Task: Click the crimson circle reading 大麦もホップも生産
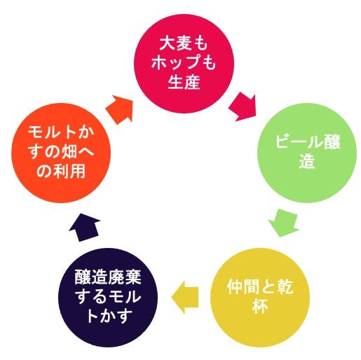[x=184, y=64]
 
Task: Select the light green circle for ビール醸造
[x=307, y=153]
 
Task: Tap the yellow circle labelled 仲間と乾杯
[x=260, y=297]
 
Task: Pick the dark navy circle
[x=108, y=297]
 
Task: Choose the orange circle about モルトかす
[x=61, y=153]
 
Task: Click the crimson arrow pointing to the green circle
[x=243, y=106]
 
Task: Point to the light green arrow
[x=284, y=223]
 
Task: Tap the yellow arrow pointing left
[x=185, y=297]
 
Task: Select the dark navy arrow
[x=85, y=227]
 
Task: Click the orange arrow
[x=120, y=109]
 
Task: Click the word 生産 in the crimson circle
[x=184, y=82]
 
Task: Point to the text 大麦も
[x=184, y=43]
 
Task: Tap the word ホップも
[x=184, y=62]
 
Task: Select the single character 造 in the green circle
[x=307, y=160]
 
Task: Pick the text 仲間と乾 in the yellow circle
[x=260, y=286]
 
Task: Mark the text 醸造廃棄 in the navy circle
[x=108, y=277]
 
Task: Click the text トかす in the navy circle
[x=108, y=315]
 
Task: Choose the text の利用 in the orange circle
[x=61, y=171]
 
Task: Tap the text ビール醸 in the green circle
[x=308, y=141]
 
